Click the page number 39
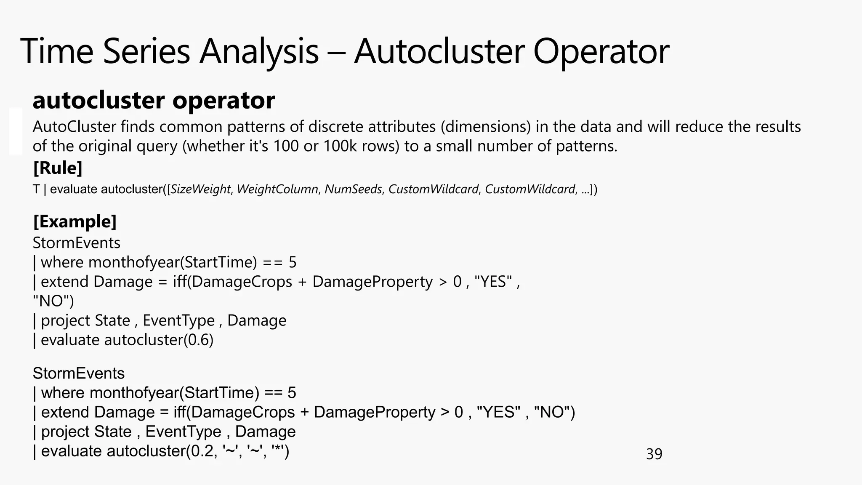(654, 454)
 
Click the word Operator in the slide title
(601, 51)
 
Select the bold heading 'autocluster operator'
(154, 101)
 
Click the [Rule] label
(58, 168)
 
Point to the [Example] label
(74, 221)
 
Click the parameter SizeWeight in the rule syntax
(201, 189)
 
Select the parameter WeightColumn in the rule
(277, 189)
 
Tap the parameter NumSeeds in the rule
(353, 189)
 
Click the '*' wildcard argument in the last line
(278, 450)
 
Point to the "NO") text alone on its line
(53, 301)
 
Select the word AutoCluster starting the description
(74, 127)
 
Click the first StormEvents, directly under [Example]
(76, 243)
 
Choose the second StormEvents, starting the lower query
(79, 373)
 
